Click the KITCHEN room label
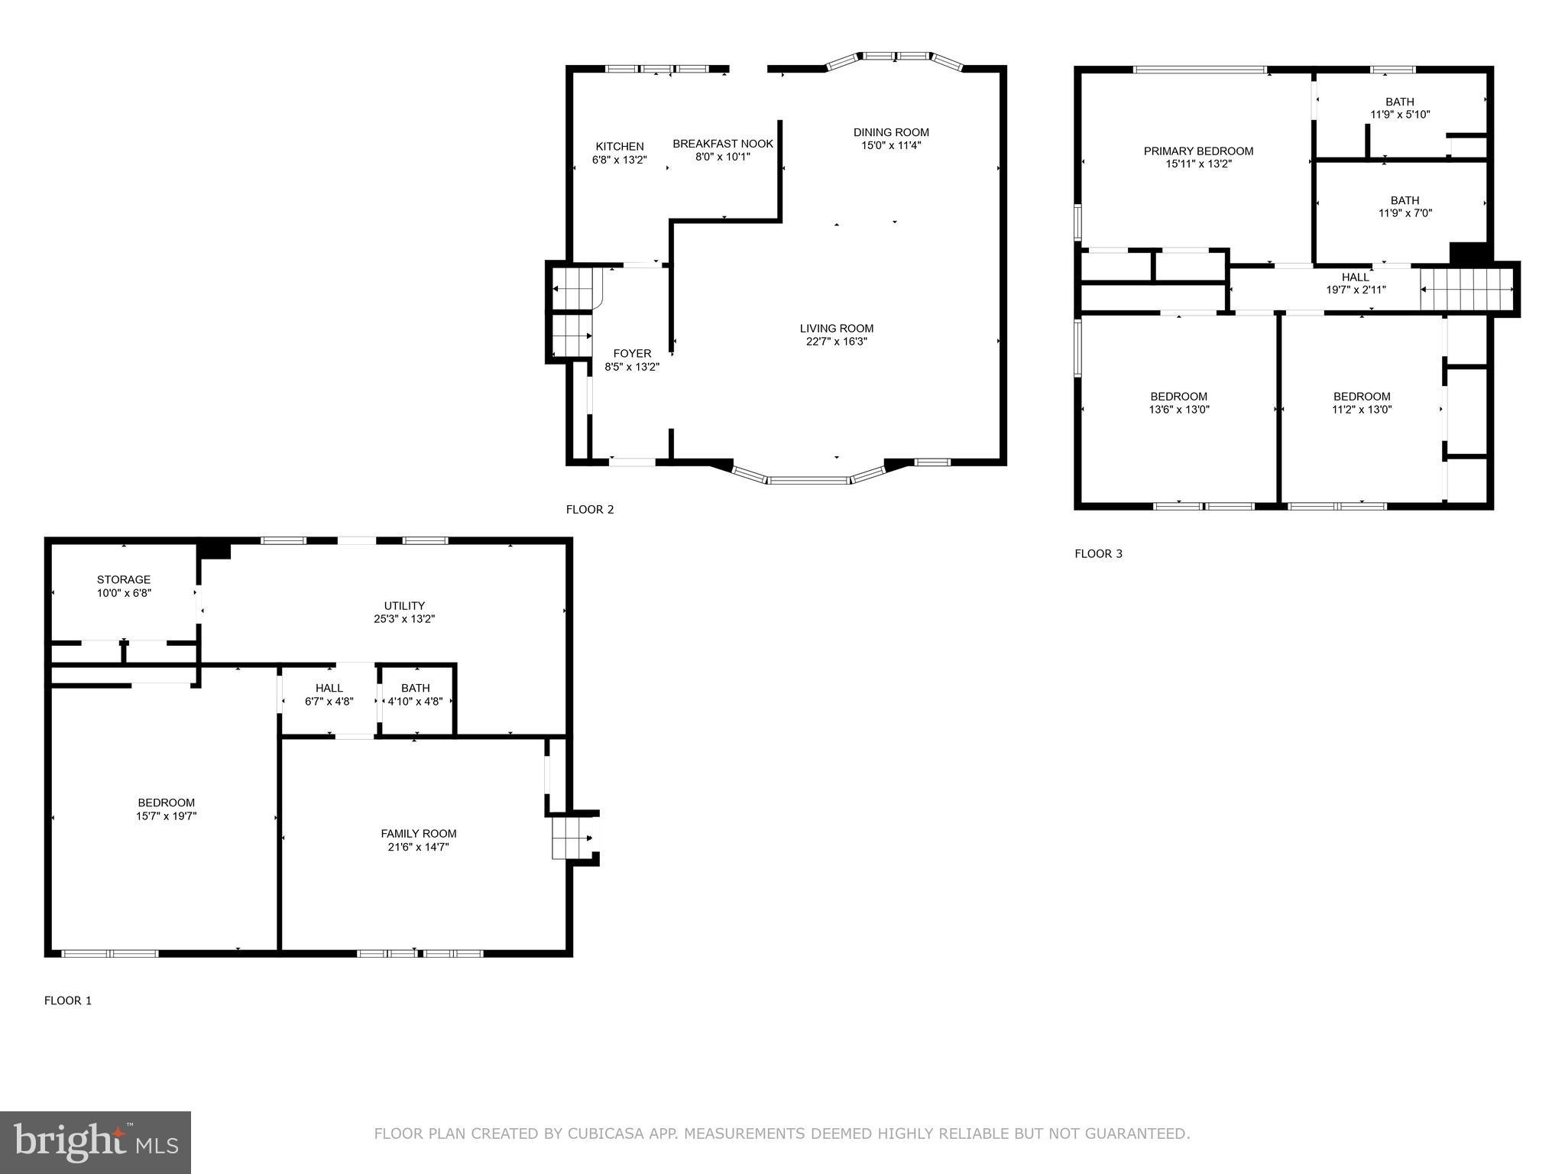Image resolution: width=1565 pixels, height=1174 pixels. pyautogui.click(x=619, y=146)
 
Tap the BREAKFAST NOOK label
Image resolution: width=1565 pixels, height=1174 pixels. pyautogui.click(x=722, y=143)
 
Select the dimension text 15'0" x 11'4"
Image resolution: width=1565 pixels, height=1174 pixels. pyautogui.click(x=891, y=145)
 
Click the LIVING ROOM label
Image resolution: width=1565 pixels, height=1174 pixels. pyautogui.click(x=836, y=328)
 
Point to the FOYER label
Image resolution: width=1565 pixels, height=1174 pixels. pyautogui.click(x=632, y=353)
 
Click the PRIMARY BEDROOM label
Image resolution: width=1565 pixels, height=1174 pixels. pyautogui.click(x=1198, y=151)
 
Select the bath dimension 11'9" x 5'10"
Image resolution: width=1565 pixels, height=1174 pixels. pyautogui.click(x=1399, y=115)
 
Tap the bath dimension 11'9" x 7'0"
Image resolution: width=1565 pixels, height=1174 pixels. pyautogui.click(x=1405, y=213)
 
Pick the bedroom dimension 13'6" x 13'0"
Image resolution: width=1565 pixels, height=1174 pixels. pyautogui.click(x=1178, y=410)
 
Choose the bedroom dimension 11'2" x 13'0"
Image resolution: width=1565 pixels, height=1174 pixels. pyautogui.click(x=1361, y=410)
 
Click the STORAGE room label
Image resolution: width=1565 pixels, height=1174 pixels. pyautogui.click(x=124, y=579)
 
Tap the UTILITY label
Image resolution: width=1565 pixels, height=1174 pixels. pyautogui.click(x=404, y=605)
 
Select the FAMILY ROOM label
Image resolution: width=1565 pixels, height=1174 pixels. pyautogui.click(x=418, y=833)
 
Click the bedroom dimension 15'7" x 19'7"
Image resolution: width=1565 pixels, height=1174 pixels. pyautogui.click(x=166, y=816)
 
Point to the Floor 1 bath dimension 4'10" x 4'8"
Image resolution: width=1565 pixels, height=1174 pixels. pyautogui.click(x=415, y=701)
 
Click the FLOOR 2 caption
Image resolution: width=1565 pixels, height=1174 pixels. pyautogui.click(x=589, y=509)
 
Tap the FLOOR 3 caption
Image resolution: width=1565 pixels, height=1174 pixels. pyautogui.click(x=1098, y=553)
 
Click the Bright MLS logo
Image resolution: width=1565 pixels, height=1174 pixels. pyautogui.click(x=95, y=1142)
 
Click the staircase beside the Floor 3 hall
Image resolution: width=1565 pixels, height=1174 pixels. pyautogui.click(x=1466, y=289)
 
